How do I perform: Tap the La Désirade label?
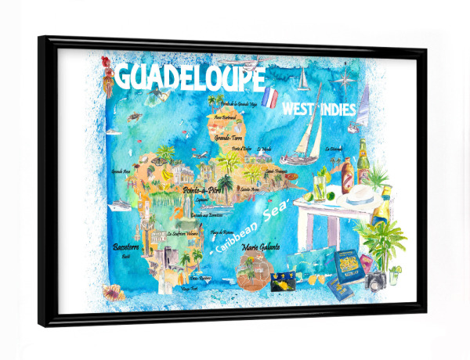point(336,149)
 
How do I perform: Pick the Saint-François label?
point(277,170)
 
